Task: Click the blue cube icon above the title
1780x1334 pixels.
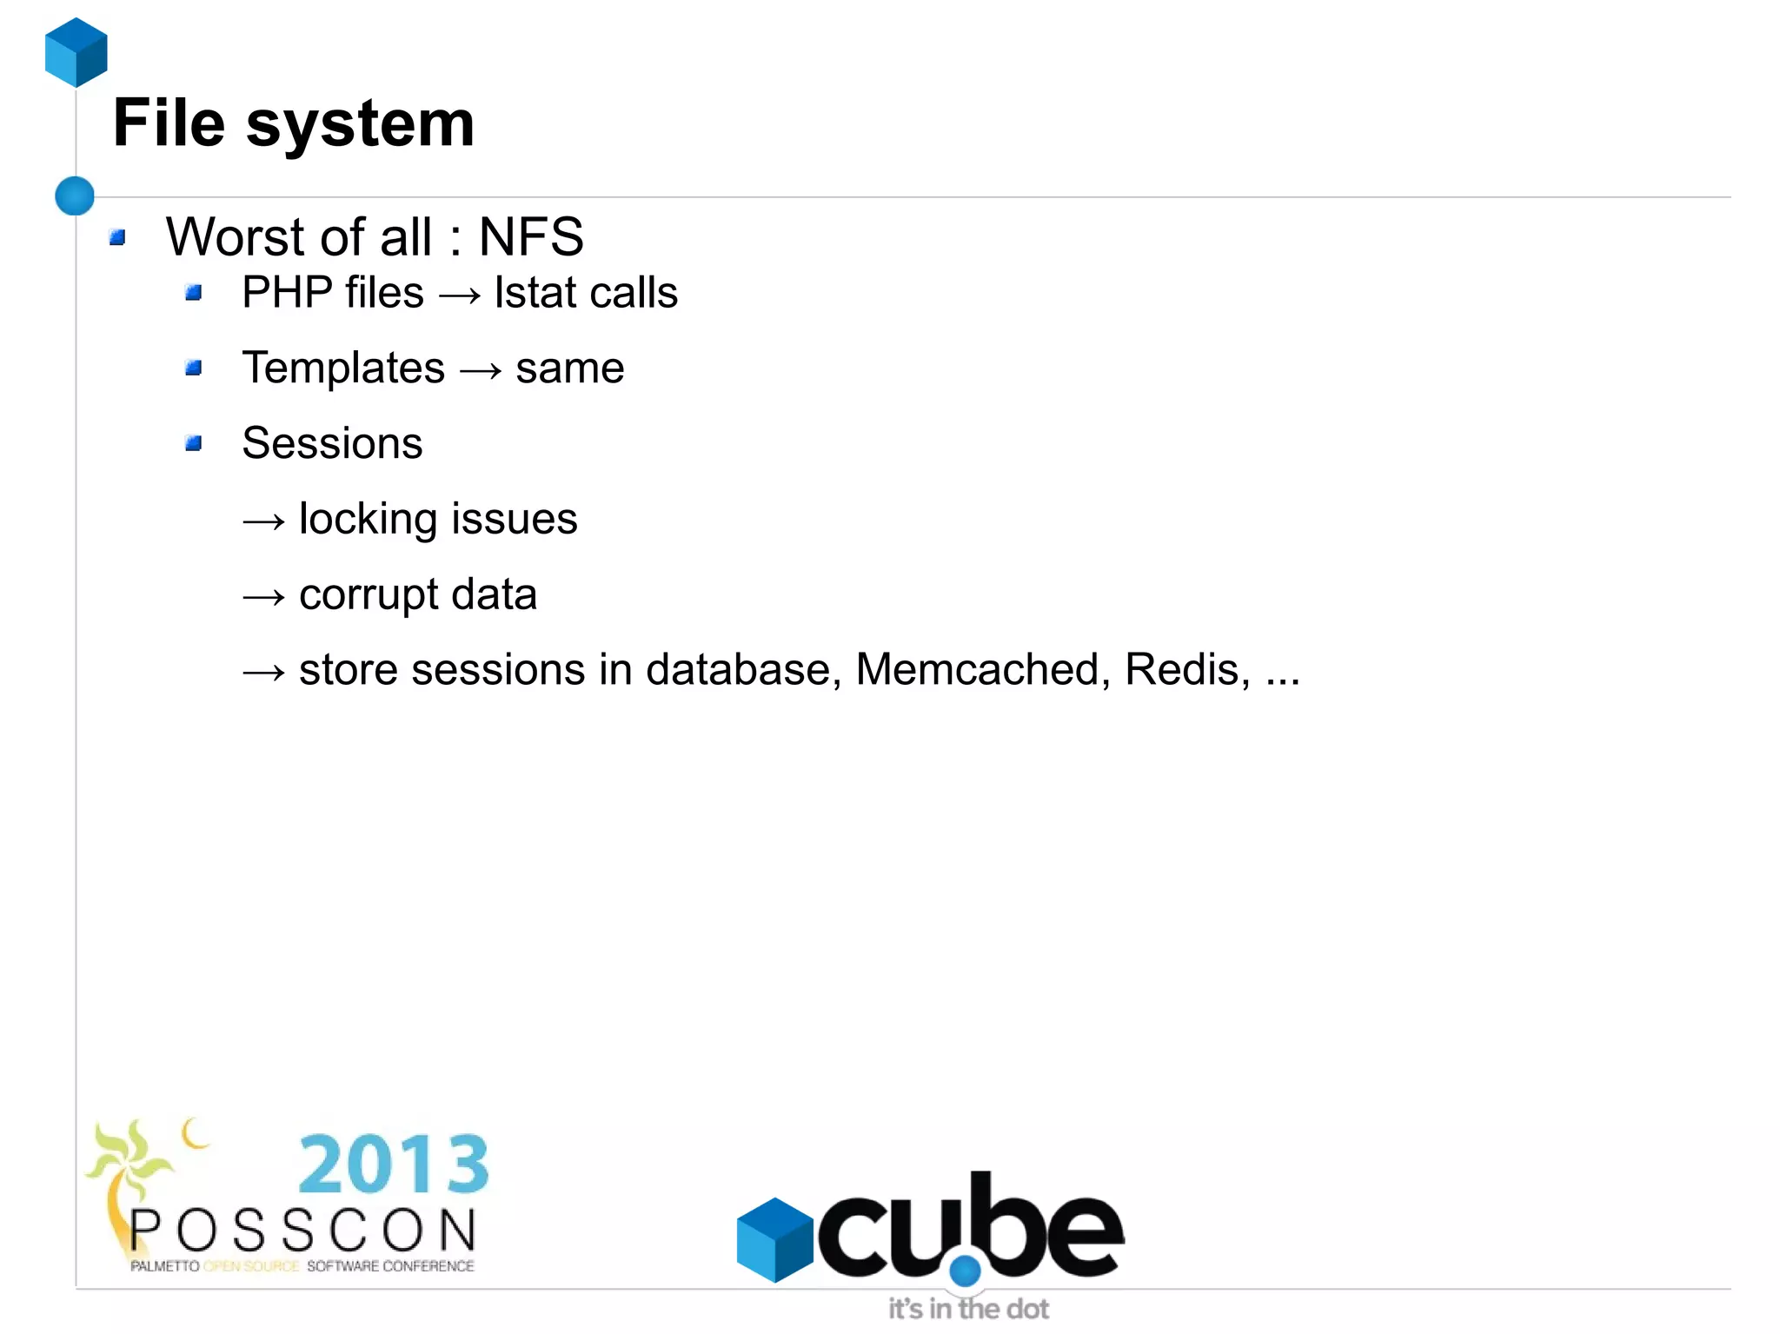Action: point(76,52)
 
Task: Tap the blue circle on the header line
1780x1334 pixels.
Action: point(75,196)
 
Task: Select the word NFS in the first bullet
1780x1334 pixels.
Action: point(531,237)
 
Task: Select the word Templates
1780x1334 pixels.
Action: point(343,368)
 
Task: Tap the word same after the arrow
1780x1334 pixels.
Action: point(569,368)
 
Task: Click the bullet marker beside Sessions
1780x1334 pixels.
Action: point(194,444)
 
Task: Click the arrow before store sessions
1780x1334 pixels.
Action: point(263,673)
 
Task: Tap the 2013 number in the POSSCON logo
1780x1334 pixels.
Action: point(394,1165)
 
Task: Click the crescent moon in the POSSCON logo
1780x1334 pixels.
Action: point(195,1133)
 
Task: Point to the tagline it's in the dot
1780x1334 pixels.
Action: point(968,1308)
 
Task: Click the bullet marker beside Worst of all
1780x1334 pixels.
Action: point(118,237)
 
